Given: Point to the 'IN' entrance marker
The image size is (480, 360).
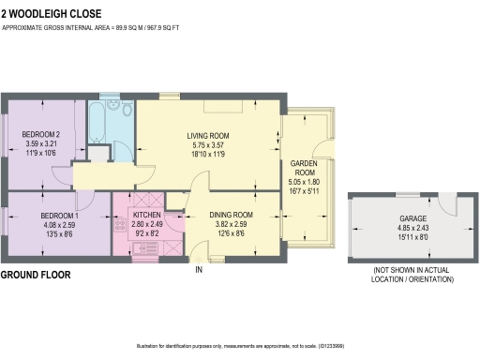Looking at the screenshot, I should pyautogui.click(x=198, y=270).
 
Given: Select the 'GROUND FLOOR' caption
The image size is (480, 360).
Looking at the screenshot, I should pyautogui.click(x=37, y=275).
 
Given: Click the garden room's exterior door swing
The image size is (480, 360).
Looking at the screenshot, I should pyautogui.click(x=324, y=147).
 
